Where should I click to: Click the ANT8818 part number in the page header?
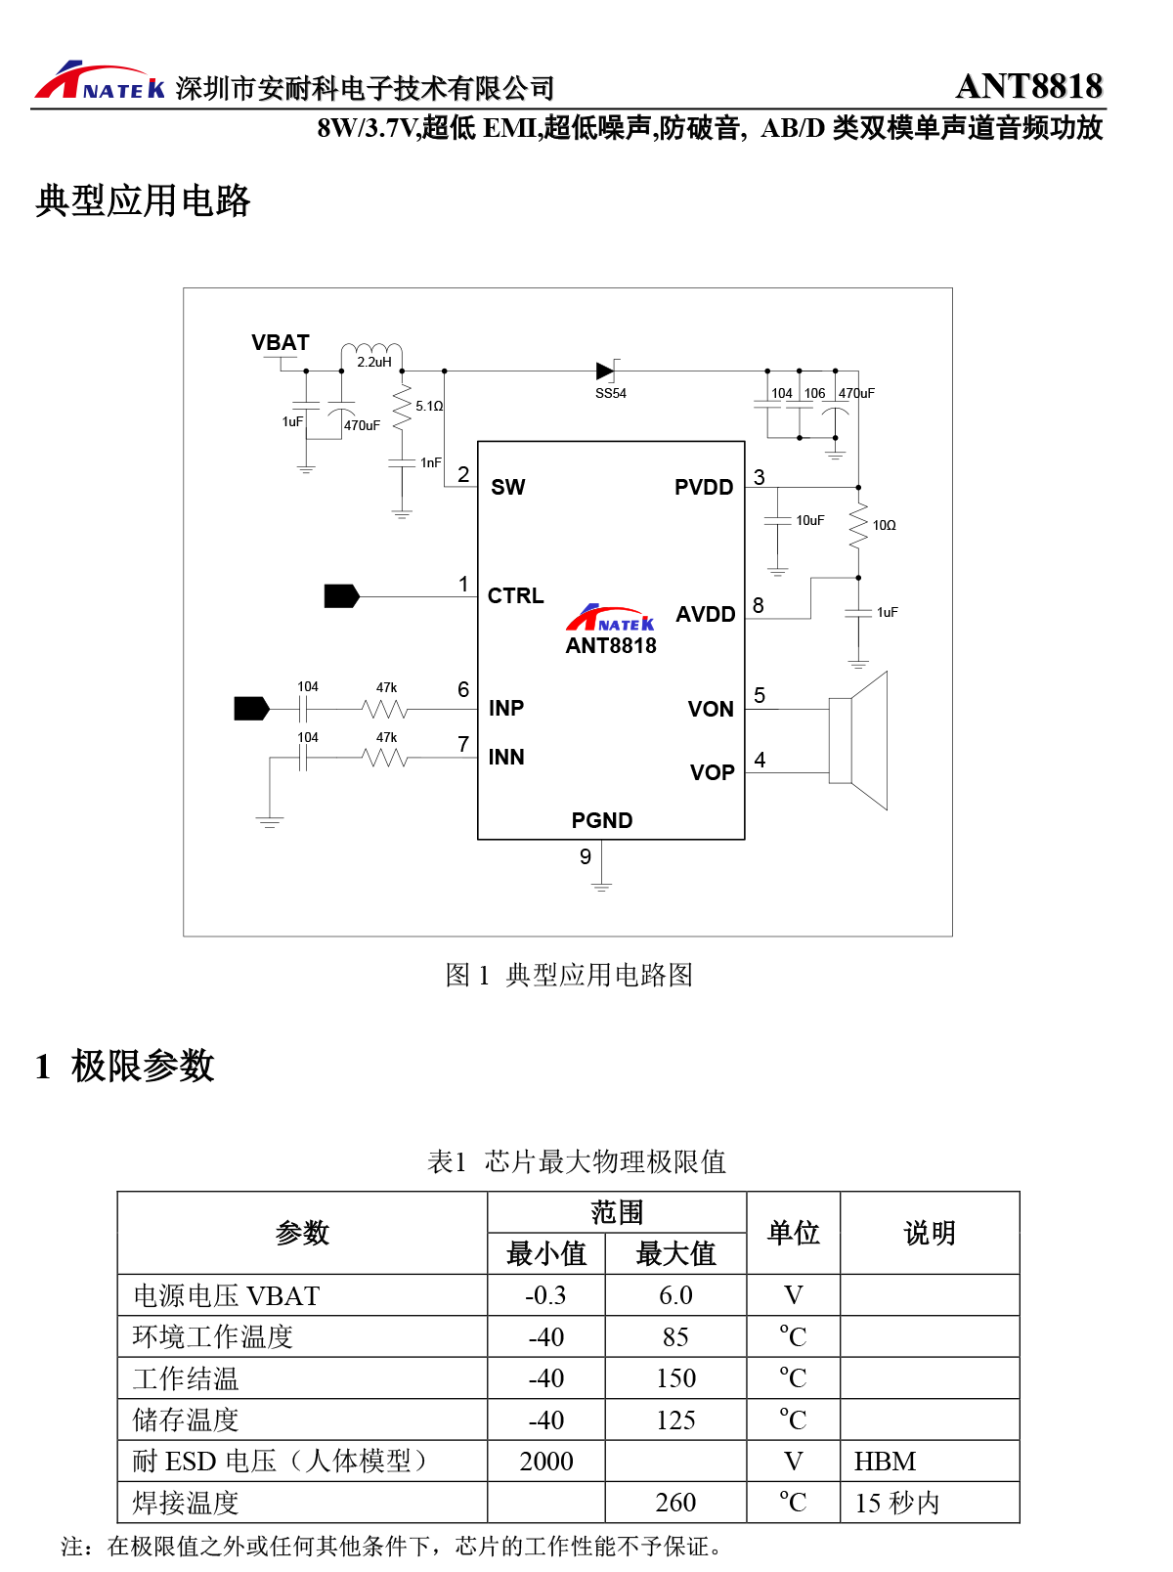(x=1028, y=86)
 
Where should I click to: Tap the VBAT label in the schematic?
(x=280, y=343)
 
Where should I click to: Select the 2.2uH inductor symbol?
(x=371, y=351)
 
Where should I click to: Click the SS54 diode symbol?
(x=606, y=371)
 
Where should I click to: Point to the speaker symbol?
(x=858, y=740)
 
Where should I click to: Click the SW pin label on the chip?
(x=507, y=487)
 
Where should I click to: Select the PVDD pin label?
(x=703, y=487)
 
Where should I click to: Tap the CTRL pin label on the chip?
(x=515, y=595)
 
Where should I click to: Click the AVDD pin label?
(x=705, y=614)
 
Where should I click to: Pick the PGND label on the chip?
(x=601, y=820)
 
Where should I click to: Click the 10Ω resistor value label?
(x=884, y=525)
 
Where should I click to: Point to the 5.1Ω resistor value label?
(x=429, y=406)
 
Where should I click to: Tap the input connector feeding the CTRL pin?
(x=341, y=596)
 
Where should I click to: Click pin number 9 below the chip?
(x=585, y=856)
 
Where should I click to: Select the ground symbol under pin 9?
(x=601, y=886)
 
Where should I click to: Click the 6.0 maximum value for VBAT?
(x=675, y=1295)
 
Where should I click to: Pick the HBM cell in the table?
(x=885, y=1461)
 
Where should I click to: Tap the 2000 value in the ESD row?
(x=545, y=1461)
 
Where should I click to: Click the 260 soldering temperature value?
(x=675, y=1502)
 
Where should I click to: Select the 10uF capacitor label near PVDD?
(x=809, y=520)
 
